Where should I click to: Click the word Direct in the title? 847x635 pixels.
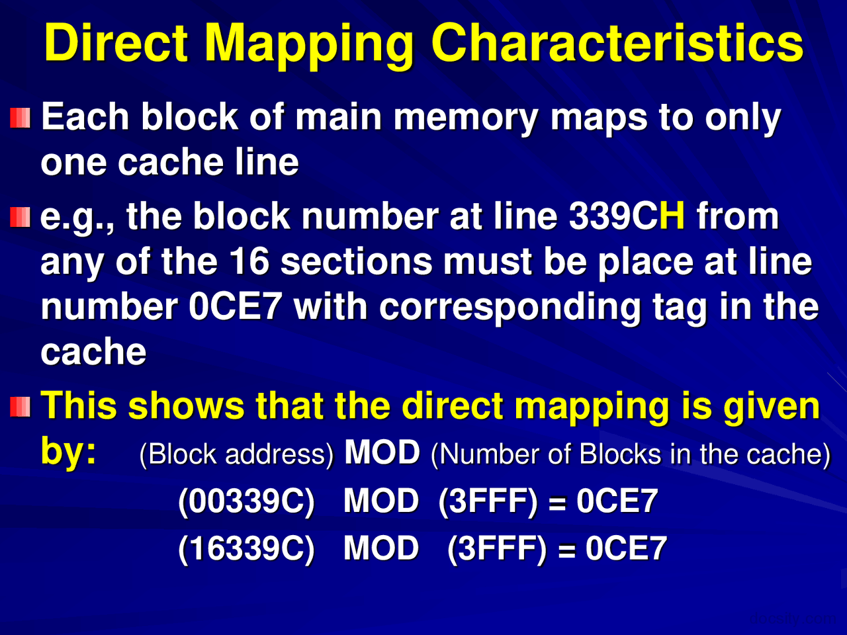(x=116, y=44)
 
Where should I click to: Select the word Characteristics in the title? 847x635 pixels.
(x=617, y=44)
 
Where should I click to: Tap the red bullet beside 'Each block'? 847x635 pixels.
(x=21, y=119)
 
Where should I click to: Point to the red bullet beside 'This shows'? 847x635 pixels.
(x=21, y=406)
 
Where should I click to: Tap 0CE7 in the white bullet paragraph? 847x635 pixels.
(x=236, y=307)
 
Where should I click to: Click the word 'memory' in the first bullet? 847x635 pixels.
(x=466, y=118)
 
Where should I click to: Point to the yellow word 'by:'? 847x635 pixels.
(x=68, y=451)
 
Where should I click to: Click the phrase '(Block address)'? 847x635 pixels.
(x=236, y=454)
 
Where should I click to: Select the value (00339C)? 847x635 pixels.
(x=246, y=501)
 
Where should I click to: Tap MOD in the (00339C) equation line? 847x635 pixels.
(x=381, y=501)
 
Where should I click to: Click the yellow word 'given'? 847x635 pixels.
(x=772, y=406)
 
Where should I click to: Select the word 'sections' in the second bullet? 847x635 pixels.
(x=356, y=262)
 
